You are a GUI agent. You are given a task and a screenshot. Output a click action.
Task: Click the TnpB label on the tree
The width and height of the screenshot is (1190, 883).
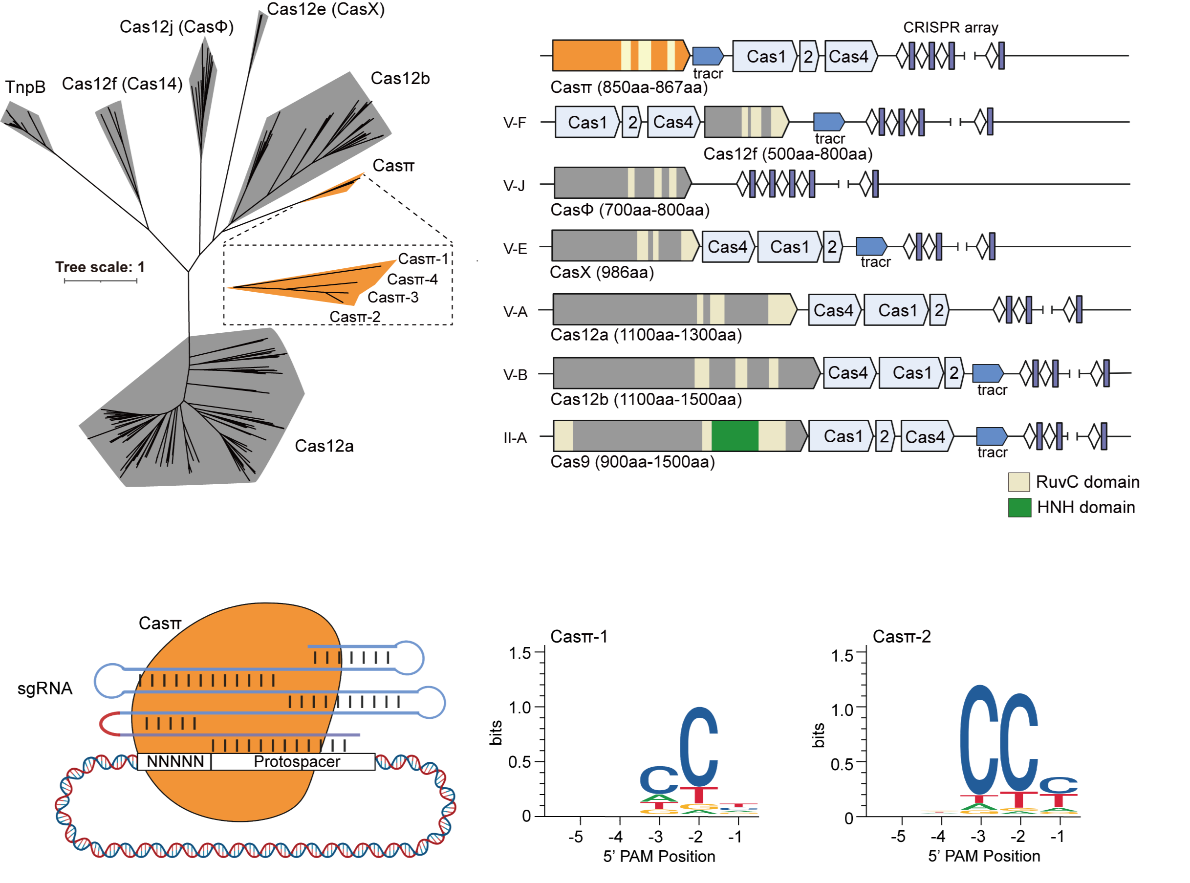25,87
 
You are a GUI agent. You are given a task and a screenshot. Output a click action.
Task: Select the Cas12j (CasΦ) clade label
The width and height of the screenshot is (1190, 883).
176,27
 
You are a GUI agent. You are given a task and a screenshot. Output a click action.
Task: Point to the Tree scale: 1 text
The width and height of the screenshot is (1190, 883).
100,267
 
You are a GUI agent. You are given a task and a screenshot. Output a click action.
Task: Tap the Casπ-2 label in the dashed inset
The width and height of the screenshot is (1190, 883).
354,317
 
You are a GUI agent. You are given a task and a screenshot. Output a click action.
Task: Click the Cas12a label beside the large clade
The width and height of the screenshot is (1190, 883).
324,446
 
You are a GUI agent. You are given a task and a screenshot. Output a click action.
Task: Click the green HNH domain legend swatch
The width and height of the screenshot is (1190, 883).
1019,507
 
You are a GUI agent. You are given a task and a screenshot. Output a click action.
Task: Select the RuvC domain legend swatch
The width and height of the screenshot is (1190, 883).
1018,482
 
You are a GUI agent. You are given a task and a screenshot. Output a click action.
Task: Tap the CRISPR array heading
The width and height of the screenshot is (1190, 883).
950,27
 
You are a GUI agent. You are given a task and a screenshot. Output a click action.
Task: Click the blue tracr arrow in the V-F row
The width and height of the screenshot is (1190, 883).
828,122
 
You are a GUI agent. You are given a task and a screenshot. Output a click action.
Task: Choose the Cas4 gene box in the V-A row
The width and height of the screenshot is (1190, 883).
833,310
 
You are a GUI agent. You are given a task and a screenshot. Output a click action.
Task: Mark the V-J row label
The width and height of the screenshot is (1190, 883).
514,186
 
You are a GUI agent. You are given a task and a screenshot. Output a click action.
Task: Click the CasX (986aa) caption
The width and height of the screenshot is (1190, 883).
602,273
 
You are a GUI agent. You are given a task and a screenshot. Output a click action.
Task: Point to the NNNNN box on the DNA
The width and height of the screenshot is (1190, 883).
175,762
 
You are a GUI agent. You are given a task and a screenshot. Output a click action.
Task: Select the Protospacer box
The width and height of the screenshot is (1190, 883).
296,762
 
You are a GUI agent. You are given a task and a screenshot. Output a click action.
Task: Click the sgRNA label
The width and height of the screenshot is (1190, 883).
44,689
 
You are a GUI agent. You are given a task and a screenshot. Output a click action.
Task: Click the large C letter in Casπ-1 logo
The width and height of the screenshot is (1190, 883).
698,747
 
